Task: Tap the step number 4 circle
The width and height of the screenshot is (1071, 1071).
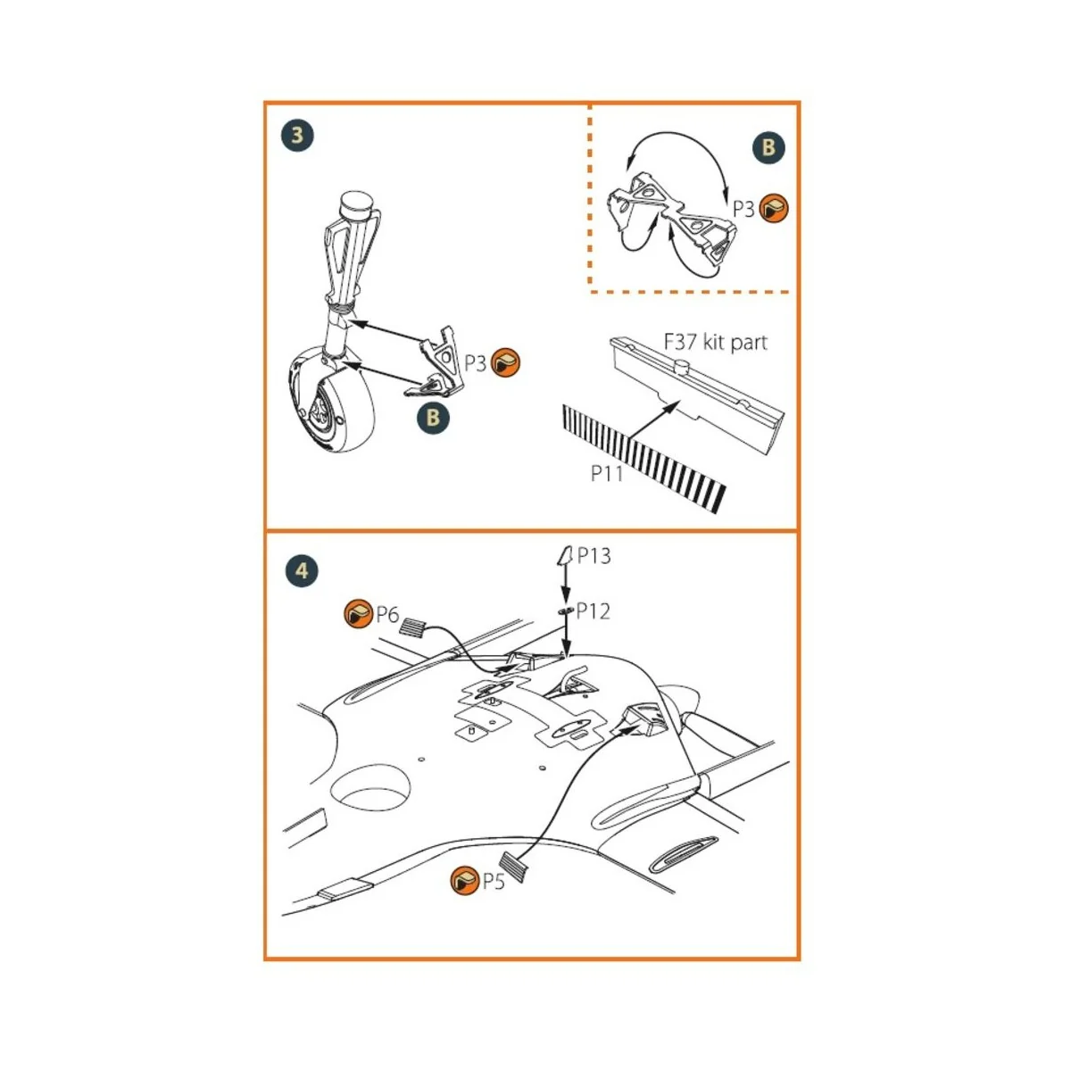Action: pyautogui.click(x=302, y=570)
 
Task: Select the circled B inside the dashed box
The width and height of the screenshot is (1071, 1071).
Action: pyautogui.click(x=768, y=147)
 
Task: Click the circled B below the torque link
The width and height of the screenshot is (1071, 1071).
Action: pyautogui.click(x=433, y=417)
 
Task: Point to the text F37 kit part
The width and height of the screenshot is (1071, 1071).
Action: pyautogui.click(x=715, y=342)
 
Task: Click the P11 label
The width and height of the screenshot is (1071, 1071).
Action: pyautogui.click(x=607, y=474)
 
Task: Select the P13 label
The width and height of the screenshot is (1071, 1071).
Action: pyautogui.click(x=594, y=556)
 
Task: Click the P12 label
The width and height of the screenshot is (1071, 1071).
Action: pyautogui.click(x=593, y=611)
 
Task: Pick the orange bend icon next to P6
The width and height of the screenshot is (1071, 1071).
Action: pyautogui.click(x=359, y=614)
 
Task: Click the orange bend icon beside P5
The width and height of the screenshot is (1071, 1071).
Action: pyautogui.click(x=465, y=881)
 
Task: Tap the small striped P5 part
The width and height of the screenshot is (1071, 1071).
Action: pyautogui.click(x=515, y=867)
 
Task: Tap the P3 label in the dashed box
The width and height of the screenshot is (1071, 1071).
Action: pyautogui.click(x=743, y=209)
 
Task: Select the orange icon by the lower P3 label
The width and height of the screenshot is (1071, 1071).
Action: pyautogui.click(x=506, y=362)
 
